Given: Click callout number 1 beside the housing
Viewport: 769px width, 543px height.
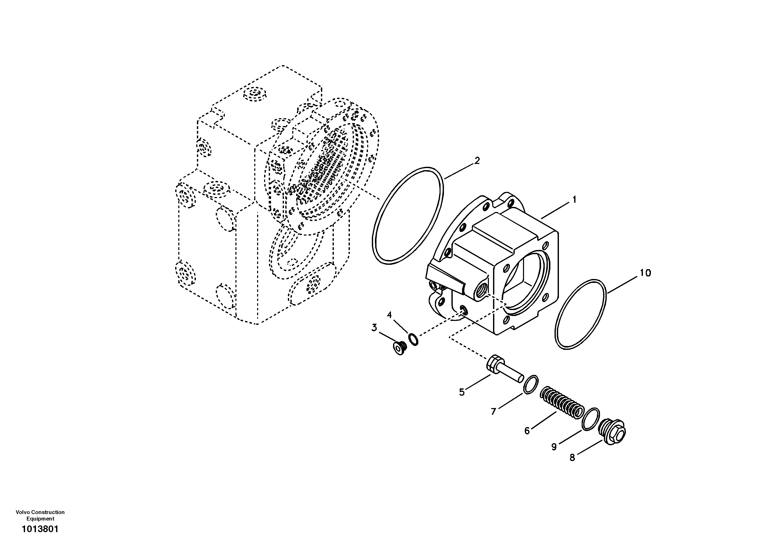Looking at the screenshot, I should point(574,200).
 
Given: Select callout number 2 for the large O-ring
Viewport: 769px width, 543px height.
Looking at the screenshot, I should point(477,161).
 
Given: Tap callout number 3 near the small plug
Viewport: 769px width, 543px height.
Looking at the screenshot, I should point(374,327).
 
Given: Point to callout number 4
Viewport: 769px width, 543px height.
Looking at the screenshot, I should point(389,315).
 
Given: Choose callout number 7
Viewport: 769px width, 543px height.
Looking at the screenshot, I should point(493,412).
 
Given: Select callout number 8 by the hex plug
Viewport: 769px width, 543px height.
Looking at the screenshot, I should point(572,457).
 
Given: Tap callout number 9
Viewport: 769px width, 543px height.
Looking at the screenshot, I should point(554,447).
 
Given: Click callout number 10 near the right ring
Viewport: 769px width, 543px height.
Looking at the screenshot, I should point(645,273).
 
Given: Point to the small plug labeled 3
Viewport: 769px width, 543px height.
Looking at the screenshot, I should point(399,348).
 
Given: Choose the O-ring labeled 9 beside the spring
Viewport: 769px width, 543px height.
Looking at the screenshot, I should point(590,419).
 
